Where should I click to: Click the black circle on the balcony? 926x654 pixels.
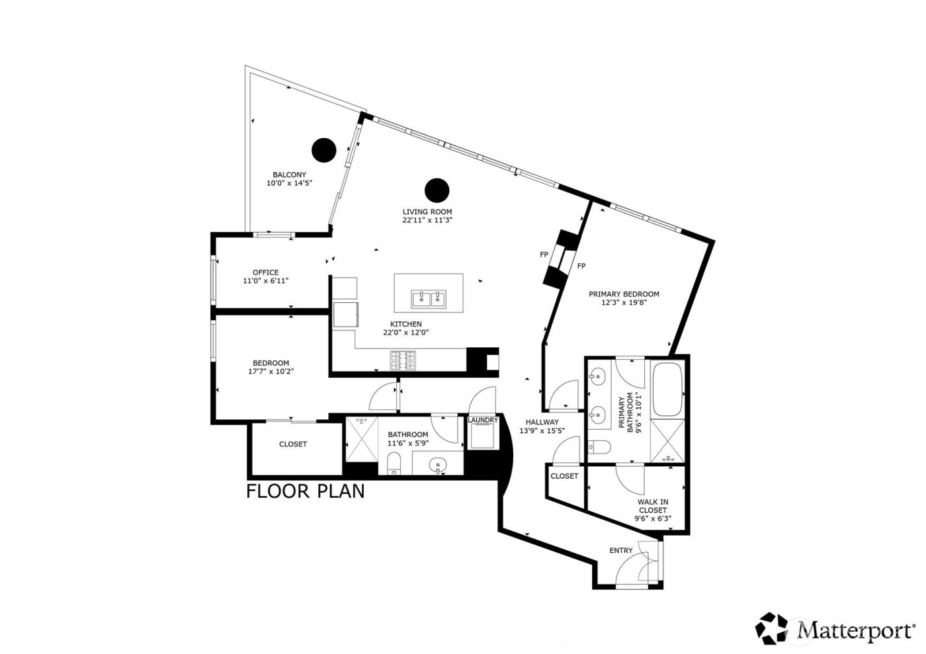click(x=324, y=150)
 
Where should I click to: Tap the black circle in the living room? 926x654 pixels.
click(x=437, y=190)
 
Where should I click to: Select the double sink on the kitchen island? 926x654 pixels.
click(x=428, y=299)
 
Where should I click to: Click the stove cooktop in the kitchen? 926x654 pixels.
click(x=403, y=360)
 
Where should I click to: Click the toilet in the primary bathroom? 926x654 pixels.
click(x=599, y=448)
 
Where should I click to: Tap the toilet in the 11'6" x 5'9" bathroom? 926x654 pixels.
click(x=394, y=464)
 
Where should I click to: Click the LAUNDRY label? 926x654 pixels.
click(x=482, y=420)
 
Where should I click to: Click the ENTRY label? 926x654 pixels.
click(x=620, y=550)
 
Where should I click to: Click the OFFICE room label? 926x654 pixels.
click(x=265, y=272)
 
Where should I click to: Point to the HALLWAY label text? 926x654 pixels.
click(x=542, y=422)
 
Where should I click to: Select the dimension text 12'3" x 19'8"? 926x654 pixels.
click(x=624, y=303)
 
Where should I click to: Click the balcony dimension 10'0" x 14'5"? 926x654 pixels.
click(x=289, y=183)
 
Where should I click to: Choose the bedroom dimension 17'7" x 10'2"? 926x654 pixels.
click(x=271, y=372)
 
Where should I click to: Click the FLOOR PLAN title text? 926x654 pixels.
click(x=305, y=491)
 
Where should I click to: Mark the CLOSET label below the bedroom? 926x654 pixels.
click(x=292, y=444)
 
